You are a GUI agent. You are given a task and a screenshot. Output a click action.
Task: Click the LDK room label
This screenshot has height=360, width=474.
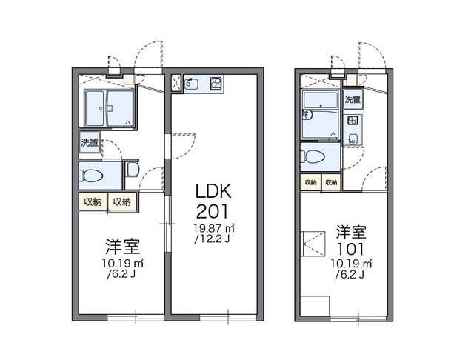pyautogui.click(x=212, y=190)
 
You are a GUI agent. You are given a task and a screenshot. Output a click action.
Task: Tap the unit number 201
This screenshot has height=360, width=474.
pyautogui.click(x=212, y=210)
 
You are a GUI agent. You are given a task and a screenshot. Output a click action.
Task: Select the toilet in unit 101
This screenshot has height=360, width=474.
pyautogui.click(x=313, y=157)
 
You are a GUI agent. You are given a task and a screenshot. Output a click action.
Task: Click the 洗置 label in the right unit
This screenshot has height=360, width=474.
pyautogui.click(x=353, y=99)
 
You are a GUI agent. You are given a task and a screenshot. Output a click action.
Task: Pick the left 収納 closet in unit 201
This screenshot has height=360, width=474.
pyautogui.click(x=93, y=201)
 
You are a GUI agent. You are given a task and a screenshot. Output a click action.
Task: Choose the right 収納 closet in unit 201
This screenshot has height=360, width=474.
pyautogui.click(x=121, y=201)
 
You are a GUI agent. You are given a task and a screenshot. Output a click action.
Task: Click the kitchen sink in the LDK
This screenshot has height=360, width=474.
pyautogui.click(x=193, y=83)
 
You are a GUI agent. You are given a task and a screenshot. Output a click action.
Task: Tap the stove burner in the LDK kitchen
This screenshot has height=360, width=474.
pyautogui.click(x=216, y=83)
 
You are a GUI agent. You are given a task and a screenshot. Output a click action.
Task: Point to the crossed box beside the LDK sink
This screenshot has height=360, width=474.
pyautogui.click(x=176, y=84)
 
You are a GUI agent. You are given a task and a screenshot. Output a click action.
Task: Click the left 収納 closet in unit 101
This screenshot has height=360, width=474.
pyautogui.click(x=310, y=182)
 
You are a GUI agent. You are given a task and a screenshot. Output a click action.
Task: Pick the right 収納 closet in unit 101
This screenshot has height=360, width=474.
pyautogui.click(x=330, y=182)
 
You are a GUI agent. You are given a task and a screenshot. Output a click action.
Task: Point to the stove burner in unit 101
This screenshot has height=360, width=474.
pyautogui.click(x=353, y=120)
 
